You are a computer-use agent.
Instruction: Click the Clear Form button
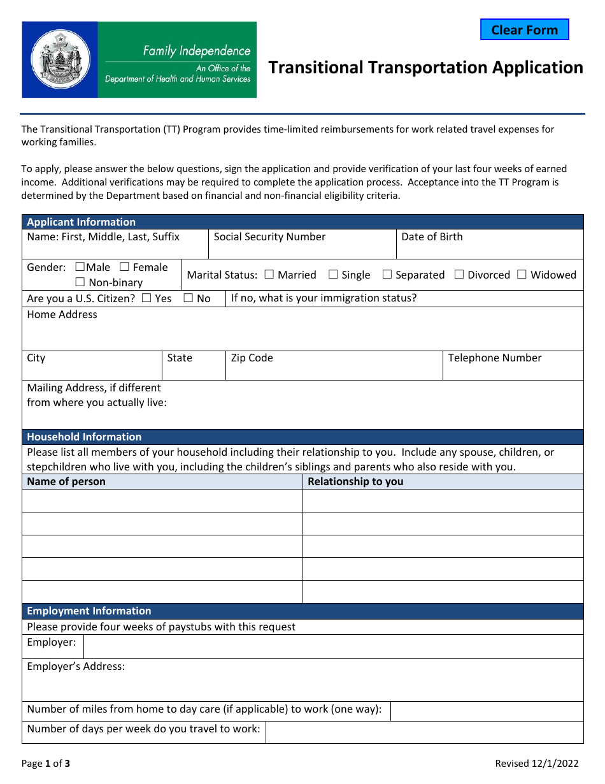(x=524, y=30)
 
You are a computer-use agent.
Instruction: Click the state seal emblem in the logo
(x=60, y=59)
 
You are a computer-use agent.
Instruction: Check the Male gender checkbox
(x=80, y=267)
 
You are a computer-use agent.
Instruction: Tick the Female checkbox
(x=125, y=267)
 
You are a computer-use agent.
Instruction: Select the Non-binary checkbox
(x=80, y=282)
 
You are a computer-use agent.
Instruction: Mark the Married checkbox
(x=269, y=275)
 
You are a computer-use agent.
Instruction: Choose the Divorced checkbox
(x=459, y=275)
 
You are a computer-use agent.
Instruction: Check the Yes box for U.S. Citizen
(x=146, y=298)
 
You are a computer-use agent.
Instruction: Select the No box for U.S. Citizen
(x=189, y=298)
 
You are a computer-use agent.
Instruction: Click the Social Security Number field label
(x=269, y=237)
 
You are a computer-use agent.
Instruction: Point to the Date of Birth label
(x=432, y=237)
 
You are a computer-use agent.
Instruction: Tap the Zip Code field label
(x=252, y=358)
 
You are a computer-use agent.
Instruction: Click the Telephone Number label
(x=494, y=358)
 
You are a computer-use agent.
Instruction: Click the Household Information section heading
(x=84, y=437)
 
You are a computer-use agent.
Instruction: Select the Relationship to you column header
(x=355, y=482)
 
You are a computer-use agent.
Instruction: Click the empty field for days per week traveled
(x=424, y=732)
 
